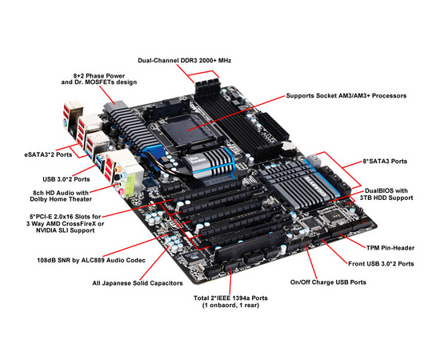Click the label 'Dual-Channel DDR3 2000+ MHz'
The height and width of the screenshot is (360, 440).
(184, 60)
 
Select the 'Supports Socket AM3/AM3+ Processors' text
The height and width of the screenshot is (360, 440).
(346, 96)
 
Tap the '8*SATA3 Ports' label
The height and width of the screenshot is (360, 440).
(385, 161)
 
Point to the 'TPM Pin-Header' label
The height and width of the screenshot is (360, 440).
(390, 248)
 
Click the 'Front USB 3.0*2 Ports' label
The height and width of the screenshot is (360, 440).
(381, 264)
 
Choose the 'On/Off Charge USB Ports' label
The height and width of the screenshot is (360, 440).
(328, 282)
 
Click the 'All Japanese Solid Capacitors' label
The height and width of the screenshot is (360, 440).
(138, 283)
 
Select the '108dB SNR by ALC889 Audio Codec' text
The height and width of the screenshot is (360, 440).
(91, 260)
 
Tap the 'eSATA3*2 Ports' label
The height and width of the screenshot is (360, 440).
(48, 154)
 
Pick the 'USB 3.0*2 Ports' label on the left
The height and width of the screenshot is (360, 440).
(66, 179)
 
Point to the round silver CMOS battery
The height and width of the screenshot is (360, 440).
(289, 147)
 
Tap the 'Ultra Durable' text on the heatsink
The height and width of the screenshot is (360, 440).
(195, 160)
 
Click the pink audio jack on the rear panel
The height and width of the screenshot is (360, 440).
(120, 192)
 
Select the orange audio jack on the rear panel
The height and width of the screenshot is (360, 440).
(118, 169)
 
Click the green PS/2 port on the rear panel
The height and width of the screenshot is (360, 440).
(64, 123)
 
